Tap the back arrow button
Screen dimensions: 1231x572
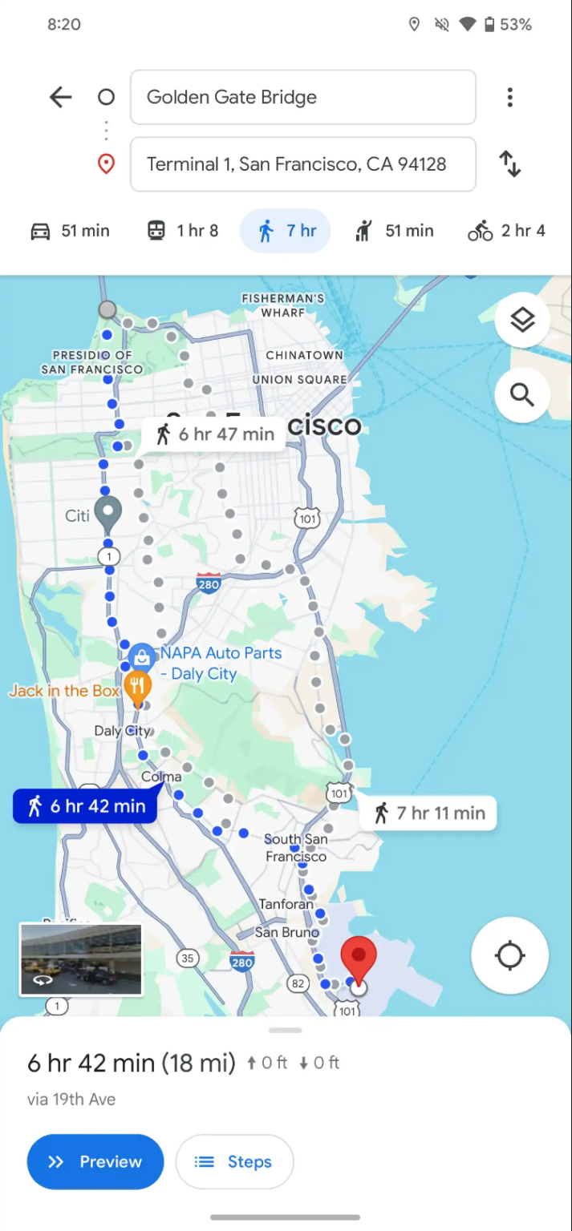61,98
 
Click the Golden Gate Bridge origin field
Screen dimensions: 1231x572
302,98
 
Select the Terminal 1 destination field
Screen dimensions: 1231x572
302,164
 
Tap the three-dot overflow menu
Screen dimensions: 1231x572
509,98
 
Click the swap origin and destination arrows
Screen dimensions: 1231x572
509,164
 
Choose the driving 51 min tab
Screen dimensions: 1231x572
70,231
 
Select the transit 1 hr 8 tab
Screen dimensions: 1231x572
183,231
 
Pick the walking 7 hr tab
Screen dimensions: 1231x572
286,231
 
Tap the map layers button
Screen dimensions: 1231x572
522,320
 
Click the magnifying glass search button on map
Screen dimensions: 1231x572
522,394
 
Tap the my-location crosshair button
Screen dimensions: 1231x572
509,955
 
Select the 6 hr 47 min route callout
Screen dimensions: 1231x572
214,434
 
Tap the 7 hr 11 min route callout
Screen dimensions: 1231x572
429,813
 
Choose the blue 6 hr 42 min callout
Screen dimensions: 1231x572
86,806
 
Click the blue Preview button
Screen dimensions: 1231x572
95,1161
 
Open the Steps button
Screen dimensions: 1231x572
234,1161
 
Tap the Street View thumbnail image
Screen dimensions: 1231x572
80,959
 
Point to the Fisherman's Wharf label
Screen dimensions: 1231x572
282,305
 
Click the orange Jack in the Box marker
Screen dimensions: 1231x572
139,688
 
